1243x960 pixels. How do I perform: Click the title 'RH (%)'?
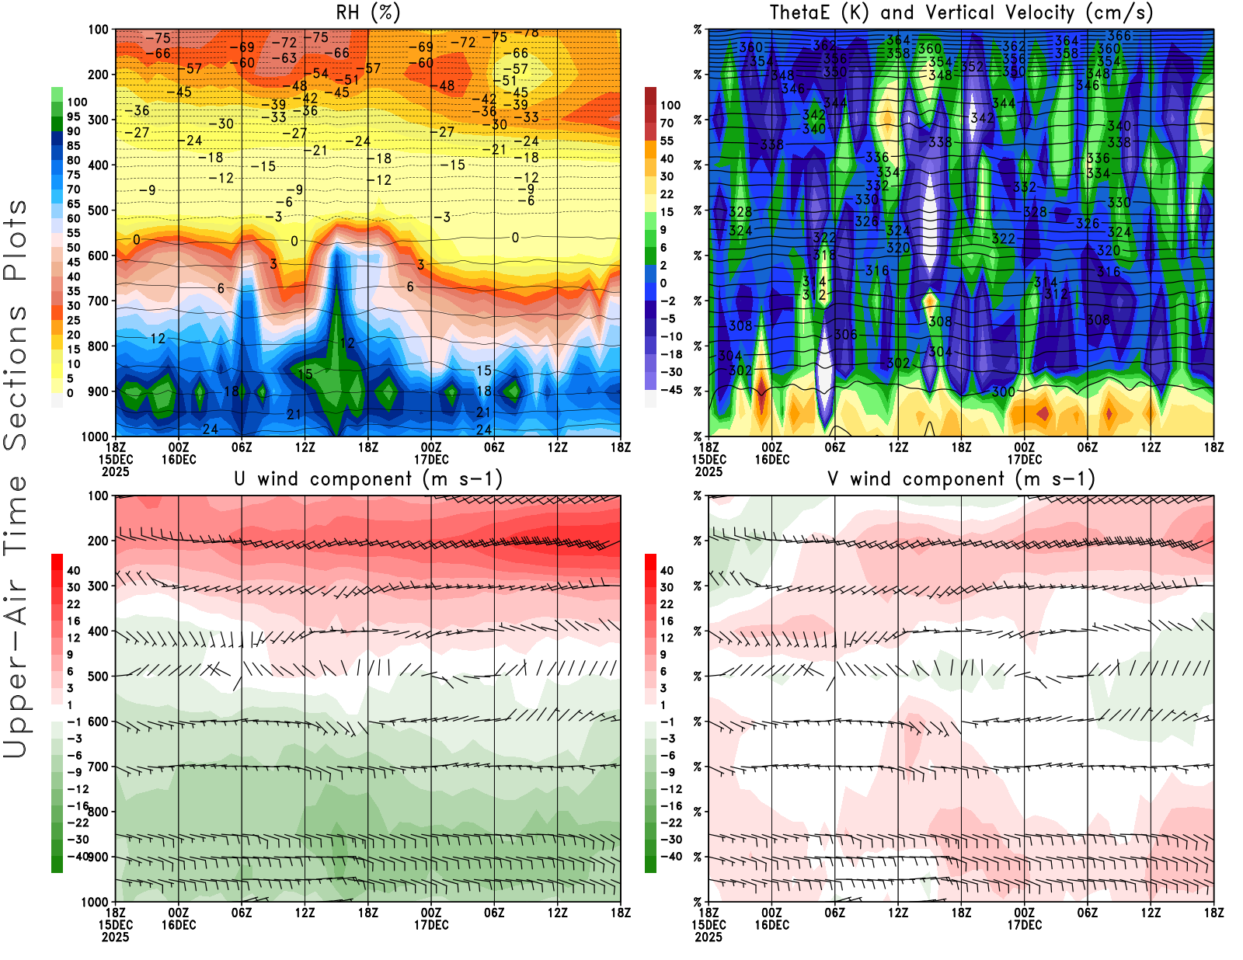point(368,12)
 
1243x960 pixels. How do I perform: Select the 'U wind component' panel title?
point(322,478)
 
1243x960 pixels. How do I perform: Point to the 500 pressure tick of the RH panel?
point(98,210)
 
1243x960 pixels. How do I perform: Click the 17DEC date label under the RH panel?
point(431,459)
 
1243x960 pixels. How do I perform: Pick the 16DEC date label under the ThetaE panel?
point(771,459)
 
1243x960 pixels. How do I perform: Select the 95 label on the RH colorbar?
point(74,117)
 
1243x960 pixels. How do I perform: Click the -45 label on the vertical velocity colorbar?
point(671,390)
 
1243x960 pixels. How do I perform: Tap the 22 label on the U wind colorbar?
point(74,604)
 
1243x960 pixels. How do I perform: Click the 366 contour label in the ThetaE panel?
point(1119,36)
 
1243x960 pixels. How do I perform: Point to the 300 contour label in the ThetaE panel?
point(1003,391)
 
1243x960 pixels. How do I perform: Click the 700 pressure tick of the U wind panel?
point(98,767)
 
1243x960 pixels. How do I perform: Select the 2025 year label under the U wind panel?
point(115,937)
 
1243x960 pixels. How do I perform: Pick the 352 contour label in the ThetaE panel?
point(972,67)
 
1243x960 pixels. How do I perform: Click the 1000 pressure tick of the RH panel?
point(95,437)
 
